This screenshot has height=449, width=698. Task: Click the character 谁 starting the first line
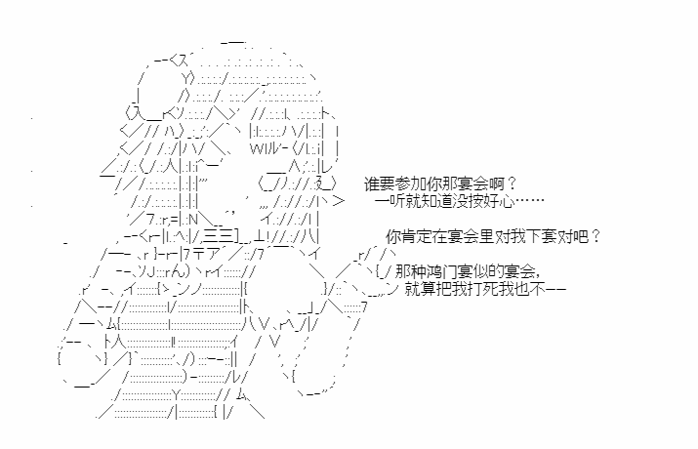[x=372, y=184]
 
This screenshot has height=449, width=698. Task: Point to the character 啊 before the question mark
[x=496, y=184]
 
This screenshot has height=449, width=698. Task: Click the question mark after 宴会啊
[x=512, y=184]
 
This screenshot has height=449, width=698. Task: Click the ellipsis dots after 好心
[x=529, y=201]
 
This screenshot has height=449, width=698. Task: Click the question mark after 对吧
[x=595, y=237]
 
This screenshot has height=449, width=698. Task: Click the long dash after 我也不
[x=555, y=290]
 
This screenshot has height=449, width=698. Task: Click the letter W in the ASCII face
[x=255, y=148]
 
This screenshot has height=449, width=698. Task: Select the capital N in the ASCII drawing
[x=193, y=220]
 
